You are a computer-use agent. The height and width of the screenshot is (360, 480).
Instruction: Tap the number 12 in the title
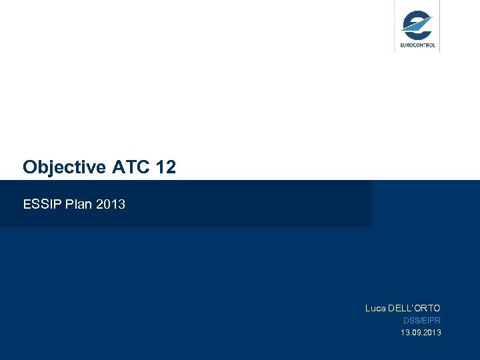pos(165,167)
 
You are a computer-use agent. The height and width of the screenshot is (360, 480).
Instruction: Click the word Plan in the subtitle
pos(78,204)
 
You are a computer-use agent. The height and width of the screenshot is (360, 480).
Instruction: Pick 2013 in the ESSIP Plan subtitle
pos(111,204)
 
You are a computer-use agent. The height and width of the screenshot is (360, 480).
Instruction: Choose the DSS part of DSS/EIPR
pos(410,321)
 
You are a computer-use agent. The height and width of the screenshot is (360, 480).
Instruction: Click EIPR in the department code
pos(431,321)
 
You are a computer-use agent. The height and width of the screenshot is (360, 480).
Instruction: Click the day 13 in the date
pos(404,332)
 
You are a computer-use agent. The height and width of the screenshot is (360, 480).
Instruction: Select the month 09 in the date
pos(415,332)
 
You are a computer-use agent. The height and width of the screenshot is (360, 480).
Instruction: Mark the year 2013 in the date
pos(431,332)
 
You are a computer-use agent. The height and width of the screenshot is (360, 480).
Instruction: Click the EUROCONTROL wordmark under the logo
pos(417,45)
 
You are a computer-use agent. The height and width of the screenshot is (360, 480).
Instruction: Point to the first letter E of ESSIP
pos(27,204)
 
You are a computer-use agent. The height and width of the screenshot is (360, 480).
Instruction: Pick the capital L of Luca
pos(367,308)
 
